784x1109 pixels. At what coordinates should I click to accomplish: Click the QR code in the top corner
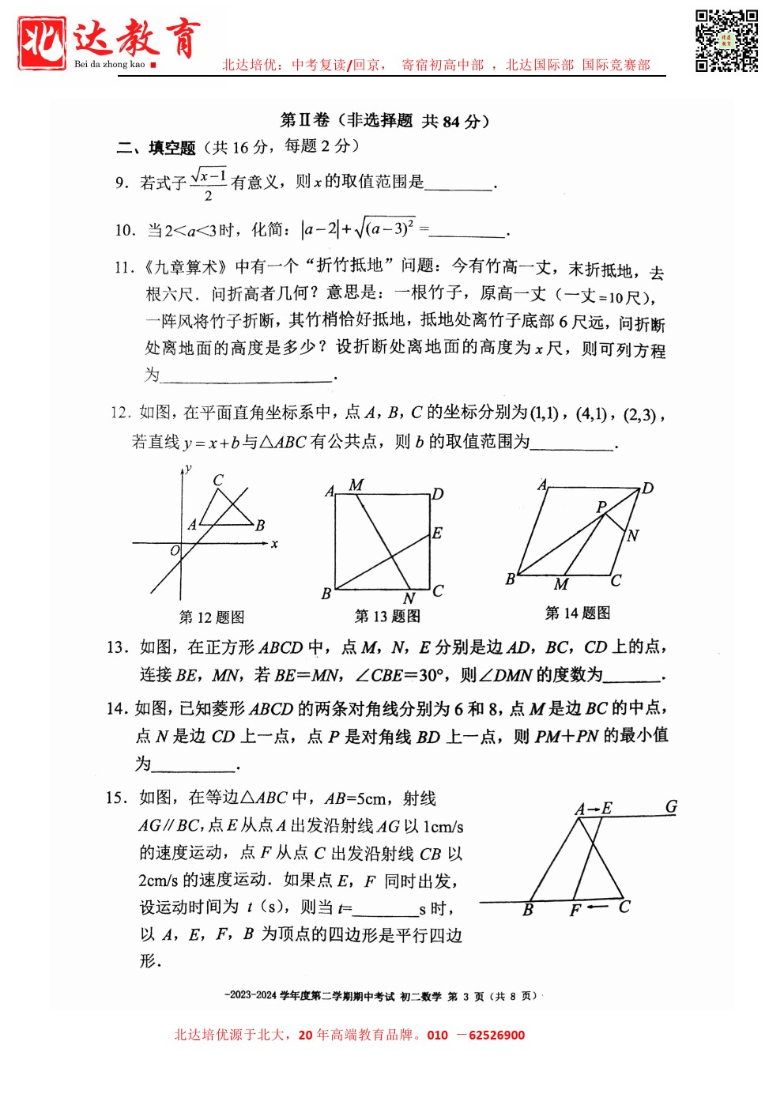726,41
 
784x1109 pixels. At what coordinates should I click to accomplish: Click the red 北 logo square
41,42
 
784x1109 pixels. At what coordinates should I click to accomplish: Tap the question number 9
121,183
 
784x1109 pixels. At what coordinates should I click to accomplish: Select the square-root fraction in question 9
209,183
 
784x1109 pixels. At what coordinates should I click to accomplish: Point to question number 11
124,268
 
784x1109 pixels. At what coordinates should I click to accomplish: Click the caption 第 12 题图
212,617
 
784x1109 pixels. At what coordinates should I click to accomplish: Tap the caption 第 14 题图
578,613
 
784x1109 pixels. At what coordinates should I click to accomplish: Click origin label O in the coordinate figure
175,550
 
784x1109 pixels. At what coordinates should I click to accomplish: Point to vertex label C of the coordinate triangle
218,480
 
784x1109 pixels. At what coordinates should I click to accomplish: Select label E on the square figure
437,534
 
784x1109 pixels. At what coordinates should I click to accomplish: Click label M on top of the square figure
356,485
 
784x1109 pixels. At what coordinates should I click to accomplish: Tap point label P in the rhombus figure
601,506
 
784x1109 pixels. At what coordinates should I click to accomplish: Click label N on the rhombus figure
633,536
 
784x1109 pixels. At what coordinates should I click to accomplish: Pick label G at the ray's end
671,807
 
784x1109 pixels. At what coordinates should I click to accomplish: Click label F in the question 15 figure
575,911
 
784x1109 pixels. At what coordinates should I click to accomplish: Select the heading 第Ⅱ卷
305,120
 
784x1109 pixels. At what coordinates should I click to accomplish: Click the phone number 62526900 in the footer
496,1035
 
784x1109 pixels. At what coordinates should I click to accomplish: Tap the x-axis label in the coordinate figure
274,544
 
